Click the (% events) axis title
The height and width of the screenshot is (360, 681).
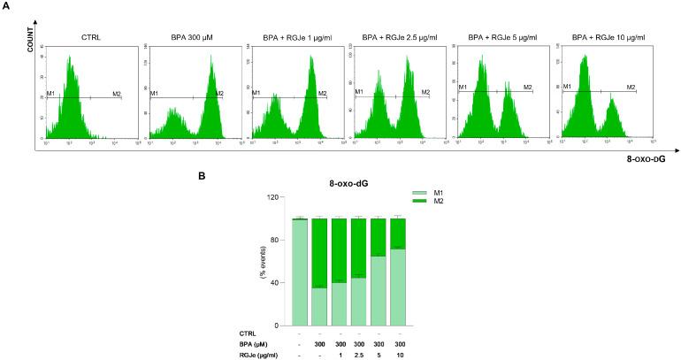point(263,261)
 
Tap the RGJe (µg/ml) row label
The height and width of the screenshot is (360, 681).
point(243,355)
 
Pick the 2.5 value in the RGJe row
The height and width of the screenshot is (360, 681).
point(358,355)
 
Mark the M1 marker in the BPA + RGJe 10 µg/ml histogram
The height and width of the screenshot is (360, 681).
point(567,87)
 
